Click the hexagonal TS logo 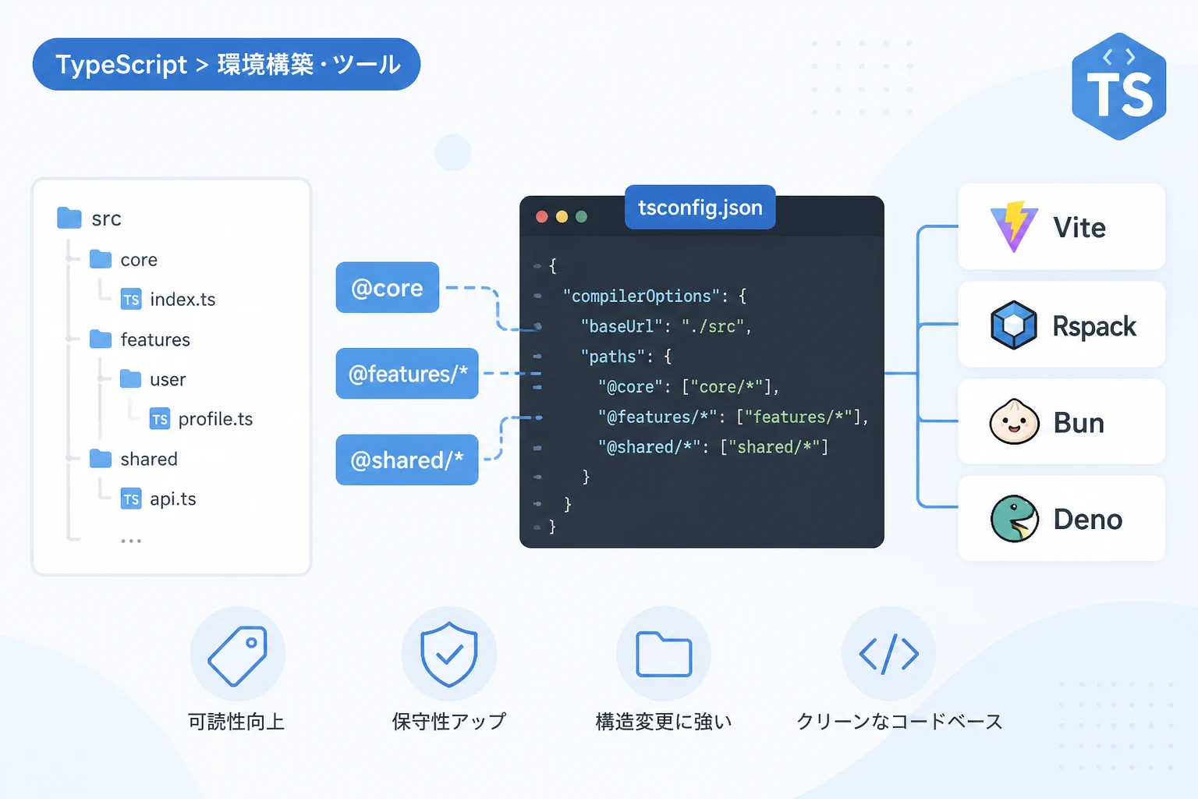1119,86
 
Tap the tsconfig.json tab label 700,207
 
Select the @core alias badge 387,287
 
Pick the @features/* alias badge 407,374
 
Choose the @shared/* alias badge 407,460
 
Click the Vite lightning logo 1014,226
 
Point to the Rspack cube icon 1013,325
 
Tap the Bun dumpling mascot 1014,421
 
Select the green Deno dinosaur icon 1014,519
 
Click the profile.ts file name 215,419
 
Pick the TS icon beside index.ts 131,299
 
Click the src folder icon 69,218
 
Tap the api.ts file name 172,499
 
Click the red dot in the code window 542,216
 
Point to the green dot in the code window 581,216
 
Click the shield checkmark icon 448,654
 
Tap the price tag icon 237,655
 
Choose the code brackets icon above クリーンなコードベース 889,654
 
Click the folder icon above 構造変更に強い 664,654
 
